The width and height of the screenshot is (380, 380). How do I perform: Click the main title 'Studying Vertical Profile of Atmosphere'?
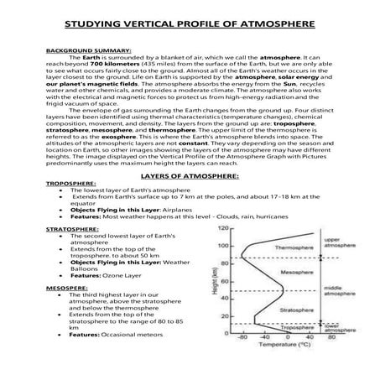point(190,24)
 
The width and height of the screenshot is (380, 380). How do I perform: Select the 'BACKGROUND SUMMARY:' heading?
point(75,49)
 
